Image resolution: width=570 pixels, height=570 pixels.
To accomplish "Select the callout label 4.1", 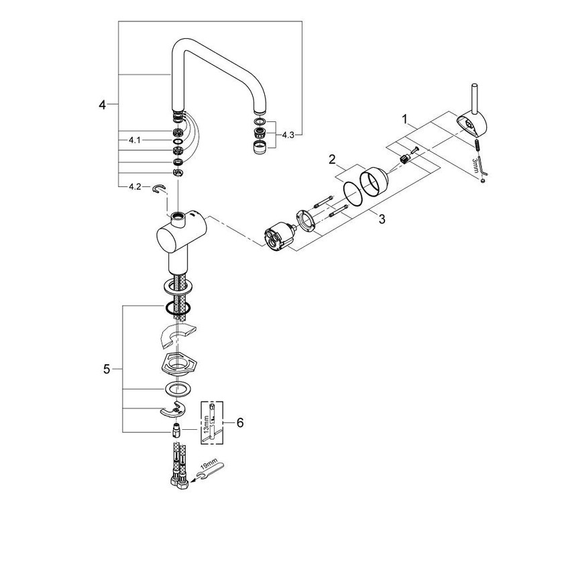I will (x=135, y=141).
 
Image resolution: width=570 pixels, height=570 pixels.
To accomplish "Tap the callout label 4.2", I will (x=135, y=188).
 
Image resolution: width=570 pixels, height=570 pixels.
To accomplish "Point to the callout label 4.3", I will (x=288, y=135).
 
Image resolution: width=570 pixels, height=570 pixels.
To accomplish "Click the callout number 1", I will (x=404, y=119).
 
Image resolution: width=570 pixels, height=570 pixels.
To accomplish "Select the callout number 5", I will (x=107, y=368).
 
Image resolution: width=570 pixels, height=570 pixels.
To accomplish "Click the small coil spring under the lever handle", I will (x=475, y=144).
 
